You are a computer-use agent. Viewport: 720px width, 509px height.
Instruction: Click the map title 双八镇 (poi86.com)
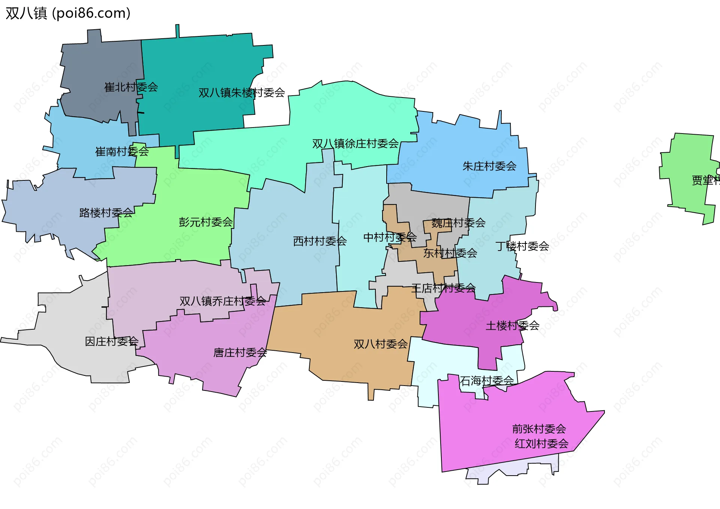pyautogui.click(x=68, y=13)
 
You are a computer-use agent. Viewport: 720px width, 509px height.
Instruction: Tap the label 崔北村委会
pyautogui.click(x=131, y=87)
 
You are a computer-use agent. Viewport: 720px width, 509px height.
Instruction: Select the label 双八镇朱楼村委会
pyautogui.click(x=241, y=93)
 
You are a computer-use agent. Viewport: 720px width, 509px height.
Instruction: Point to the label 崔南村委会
pyautogui.click(x=122, y=152)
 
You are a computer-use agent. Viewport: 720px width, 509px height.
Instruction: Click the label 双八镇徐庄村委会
pyautogui.click(x=355, y=144)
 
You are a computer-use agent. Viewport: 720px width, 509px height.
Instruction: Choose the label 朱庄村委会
pyautogui.click(x=489, y=166)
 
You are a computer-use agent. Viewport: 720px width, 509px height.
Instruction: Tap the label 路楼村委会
pyautogui.click(x=106, y=213)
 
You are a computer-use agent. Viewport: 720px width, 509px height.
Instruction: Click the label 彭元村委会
pyautogui.click(x=205, y=222)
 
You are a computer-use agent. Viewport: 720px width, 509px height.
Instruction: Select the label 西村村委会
pyautogui.click(x=319, y=241)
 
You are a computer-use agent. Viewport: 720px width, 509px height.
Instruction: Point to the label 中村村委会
pyautogui.click(x=390, y=237)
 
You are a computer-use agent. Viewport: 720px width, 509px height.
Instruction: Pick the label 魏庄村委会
pyautogui.click(x=458, y=223)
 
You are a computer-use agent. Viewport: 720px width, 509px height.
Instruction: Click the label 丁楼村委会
pyautogui.click(x=522, y=246)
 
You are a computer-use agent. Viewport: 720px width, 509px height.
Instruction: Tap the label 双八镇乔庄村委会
pyautogui.click(x=223, y=301)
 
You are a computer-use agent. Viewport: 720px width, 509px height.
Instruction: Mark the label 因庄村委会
pyautogui.click(x=112, y=341)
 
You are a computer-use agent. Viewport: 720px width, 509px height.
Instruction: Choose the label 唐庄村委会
pyautogui.click(x=240, y=353)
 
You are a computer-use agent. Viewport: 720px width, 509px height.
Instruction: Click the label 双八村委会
pyautogui.click(x=380, y=344)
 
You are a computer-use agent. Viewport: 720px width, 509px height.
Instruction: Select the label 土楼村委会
pyautogui.click(x=512, y=326)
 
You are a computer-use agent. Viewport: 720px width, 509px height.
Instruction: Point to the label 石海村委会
pyautogui.click(x=487, y=381)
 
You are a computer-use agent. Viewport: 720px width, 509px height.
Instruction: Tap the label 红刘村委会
pyautogui.click(x=541, y=444)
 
